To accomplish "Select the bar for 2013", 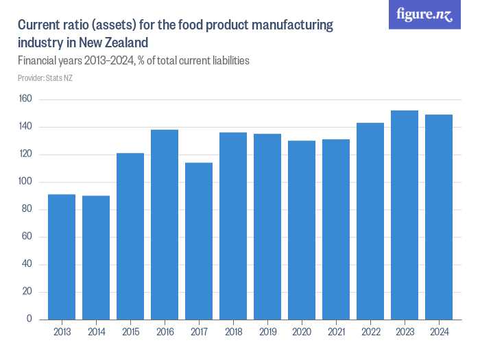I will (x=62, y=257).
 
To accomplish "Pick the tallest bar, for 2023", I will (x=405, y=215).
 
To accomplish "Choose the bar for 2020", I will (x=302, y=230).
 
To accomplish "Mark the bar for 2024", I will (x=439, y=217).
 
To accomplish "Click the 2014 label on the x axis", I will (x=96, y=332).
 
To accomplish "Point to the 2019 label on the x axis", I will (x=267, y=332).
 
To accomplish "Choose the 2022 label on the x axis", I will (x=370, y=332).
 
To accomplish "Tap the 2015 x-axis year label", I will (x=130, y=332).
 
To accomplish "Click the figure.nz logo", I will (x=424, y=14).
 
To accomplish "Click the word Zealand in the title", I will (x=125, y=43).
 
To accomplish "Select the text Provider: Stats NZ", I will (x=45, y=78).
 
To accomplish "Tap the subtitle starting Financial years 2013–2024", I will (x=133, y=61).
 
